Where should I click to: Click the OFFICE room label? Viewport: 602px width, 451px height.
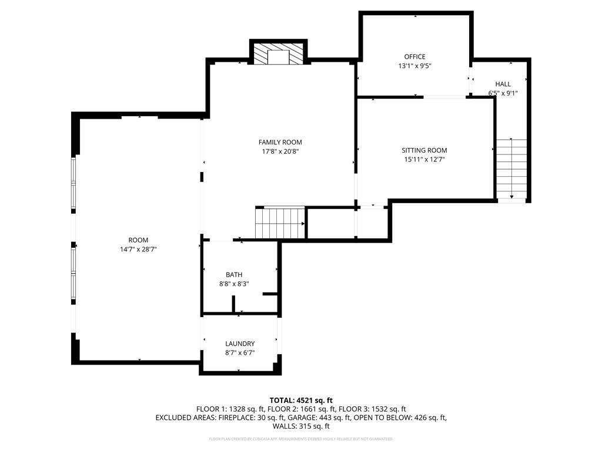click(414, 57)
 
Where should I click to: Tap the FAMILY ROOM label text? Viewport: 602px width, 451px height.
click(280, 142)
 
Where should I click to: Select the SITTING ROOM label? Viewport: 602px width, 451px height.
click(424, 150)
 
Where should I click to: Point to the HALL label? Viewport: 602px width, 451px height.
click(503, 84)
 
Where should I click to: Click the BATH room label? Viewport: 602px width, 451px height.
click(234, 275)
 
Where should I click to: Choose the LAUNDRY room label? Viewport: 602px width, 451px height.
click(240, 344)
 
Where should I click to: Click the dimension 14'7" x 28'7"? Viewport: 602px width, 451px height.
click(139, 249)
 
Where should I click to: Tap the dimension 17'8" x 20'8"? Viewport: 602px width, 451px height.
click(280, 152)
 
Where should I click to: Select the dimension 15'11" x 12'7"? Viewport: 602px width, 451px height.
click(424, 159)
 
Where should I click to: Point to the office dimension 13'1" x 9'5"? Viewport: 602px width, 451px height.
click(414, 66)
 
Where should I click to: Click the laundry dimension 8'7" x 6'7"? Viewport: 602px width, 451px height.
click(240, 353)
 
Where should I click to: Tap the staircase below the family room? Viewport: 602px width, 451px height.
click(280, 223)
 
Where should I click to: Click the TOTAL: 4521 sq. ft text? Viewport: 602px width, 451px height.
click(301, 400)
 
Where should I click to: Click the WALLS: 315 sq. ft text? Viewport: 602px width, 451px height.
click(301, 426)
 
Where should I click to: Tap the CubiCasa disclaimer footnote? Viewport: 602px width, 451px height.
click(301, 439)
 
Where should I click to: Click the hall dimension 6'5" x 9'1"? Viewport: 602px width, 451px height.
click(503, 93)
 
